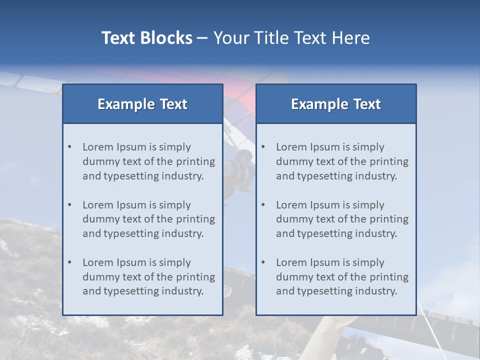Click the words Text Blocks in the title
coord(146,38)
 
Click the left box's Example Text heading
coord(142,104)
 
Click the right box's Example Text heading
coord(336,104)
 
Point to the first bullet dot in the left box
coord(69,147)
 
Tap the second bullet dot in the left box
coord(69,205)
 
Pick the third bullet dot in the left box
coord(69,262)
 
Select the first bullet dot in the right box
coord(263,147)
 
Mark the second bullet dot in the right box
coord(263,205)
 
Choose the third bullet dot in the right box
coord(263,262)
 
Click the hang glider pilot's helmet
coord(244,156)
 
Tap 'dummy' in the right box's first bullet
coord(291,161)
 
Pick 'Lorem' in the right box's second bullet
coord(291,205)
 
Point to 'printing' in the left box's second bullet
coord(195,219)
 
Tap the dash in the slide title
coord(202,38)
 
